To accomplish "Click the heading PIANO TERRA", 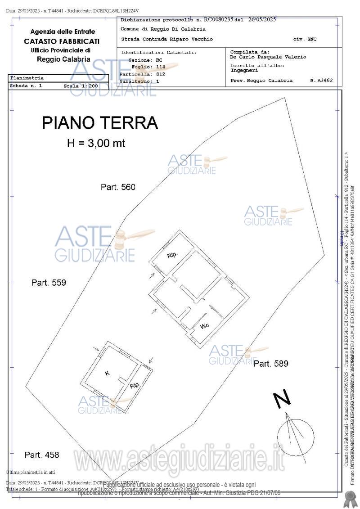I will (x=99, y=123).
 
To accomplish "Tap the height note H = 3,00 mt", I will (x=96, y=144).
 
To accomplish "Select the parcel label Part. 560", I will (x=118, y=187).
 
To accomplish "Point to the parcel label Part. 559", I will (x=49, y=283).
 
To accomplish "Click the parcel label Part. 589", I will (x=270, y=364).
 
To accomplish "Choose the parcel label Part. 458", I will (x=42, y=455).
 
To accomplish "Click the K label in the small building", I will (x=107, y=373).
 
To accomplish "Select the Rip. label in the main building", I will (x=172, y=255).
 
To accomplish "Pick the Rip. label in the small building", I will (x=135, y=385).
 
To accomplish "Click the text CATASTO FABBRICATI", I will (x=62, y=41).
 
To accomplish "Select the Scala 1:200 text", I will (x=81, y=86).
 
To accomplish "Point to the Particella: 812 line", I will (x=142, y=74).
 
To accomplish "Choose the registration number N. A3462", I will (x=321, y=81).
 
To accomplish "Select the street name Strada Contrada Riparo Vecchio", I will (x=167, y=39).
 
